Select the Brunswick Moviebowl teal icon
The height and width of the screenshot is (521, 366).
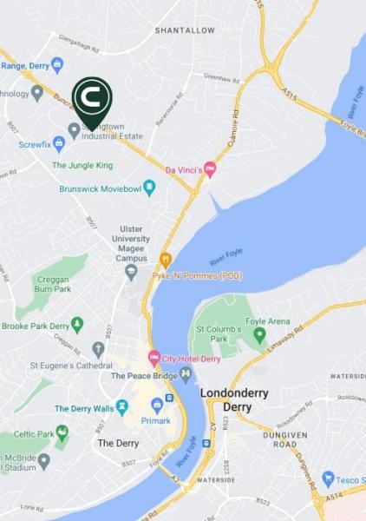[x=149, y=188]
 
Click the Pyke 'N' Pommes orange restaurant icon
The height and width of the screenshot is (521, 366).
[x=166, y=259]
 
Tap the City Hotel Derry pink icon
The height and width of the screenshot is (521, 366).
[x=154, y=358]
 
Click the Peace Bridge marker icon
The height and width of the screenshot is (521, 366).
[x=186, y=375]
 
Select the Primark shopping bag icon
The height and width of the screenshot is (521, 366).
[x=157, y=405]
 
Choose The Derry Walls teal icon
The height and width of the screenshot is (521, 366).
[x=122, y=406]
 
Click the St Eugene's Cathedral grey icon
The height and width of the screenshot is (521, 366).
[x=98, y=349]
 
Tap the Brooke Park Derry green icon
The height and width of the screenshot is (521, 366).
[x=77, y=325]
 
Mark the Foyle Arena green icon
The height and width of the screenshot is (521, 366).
[x=259, y=334]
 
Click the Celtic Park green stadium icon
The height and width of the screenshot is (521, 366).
[x=62, y=432]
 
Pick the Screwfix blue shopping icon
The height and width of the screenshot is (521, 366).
[x=59, y=142]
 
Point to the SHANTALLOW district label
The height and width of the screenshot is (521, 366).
[x=184, y=30]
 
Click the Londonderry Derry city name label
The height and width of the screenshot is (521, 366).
[x=234, y=400]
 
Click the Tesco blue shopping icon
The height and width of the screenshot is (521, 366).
[x=328, y=478]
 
